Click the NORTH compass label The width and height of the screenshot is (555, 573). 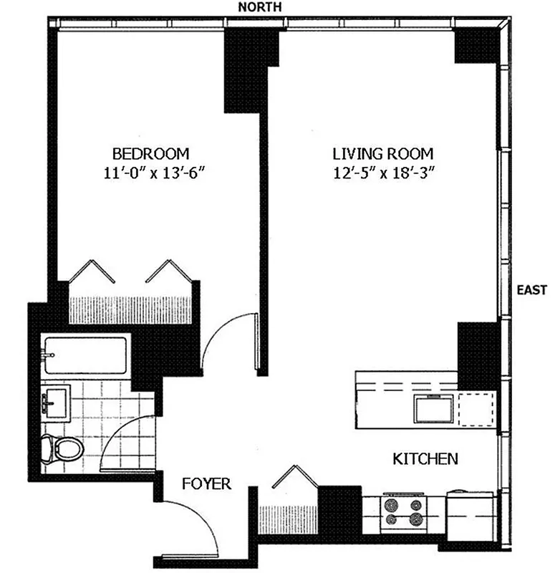(261, 6)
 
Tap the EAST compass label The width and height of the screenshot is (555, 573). (532, 291)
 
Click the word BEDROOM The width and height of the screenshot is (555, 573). (150, 153)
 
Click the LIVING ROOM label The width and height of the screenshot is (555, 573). (383, 153)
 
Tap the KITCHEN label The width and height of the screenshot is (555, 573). (425, 458)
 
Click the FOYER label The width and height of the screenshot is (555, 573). (206, 484)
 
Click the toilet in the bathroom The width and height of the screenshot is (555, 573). (63, 448)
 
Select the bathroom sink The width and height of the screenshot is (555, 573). (55, 402)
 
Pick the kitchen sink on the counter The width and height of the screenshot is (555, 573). (434, 409)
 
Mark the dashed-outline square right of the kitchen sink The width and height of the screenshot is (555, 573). (476, 410)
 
